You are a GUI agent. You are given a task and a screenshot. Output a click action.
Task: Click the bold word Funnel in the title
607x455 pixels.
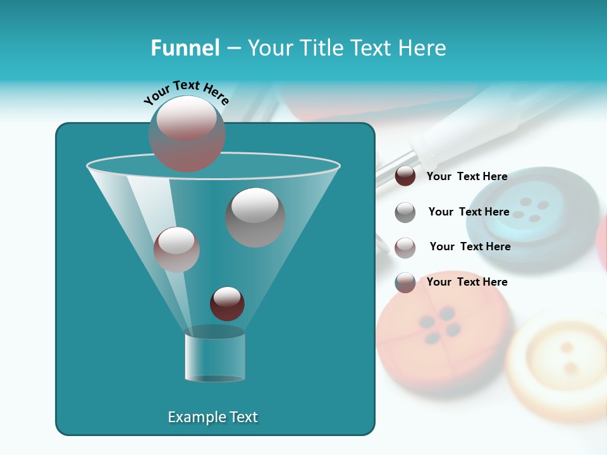[x=185, y=48]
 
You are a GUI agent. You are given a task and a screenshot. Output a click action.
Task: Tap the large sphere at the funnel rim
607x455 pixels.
[x=187, y=133]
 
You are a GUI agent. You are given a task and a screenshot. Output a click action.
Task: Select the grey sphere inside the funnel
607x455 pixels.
[x=255, y=217]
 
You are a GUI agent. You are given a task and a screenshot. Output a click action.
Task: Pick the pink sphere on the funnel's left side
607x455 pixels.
[x=176, y=249]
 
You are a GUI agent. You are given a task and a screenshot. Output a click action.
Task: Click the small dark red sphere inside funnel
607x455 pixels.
[x=227, y=303]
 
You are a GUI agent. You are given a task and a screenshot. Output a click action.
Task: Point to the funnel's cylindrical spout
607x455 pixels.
[x=215, y=357]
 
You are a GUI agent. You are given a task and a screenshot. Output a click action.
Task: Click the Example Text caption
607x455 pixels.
[x=212, y=417]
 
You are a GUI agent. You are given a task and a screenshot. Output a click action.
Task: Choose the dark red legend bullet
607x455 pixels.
[x=405, y=176]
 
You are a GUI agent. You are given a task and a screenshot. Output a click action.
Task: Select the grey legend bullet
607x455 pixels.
[x=405, y=212]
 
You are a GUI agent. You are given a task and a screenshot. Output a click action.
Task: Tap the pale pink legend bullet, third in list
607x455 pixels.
[x=405, y=247]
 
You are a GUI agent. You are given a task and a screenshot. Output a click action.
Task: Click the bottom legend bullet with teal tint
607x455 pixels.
[x=405, y=282]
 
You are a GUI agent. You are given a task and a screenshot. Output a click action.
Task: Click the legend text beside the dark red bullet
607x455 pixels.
[x=467, y=176]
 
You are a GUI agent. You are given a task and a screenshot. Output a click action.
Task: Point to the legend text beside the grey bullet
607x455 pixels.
[x=469, y=212]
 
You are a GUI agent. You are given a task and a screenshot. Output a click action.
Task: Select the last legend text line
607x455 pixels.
[x=467, y=282]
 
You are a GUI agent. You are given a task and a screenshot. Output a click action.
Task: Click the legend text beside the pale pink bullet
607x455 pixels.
[x=470, y=246]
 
